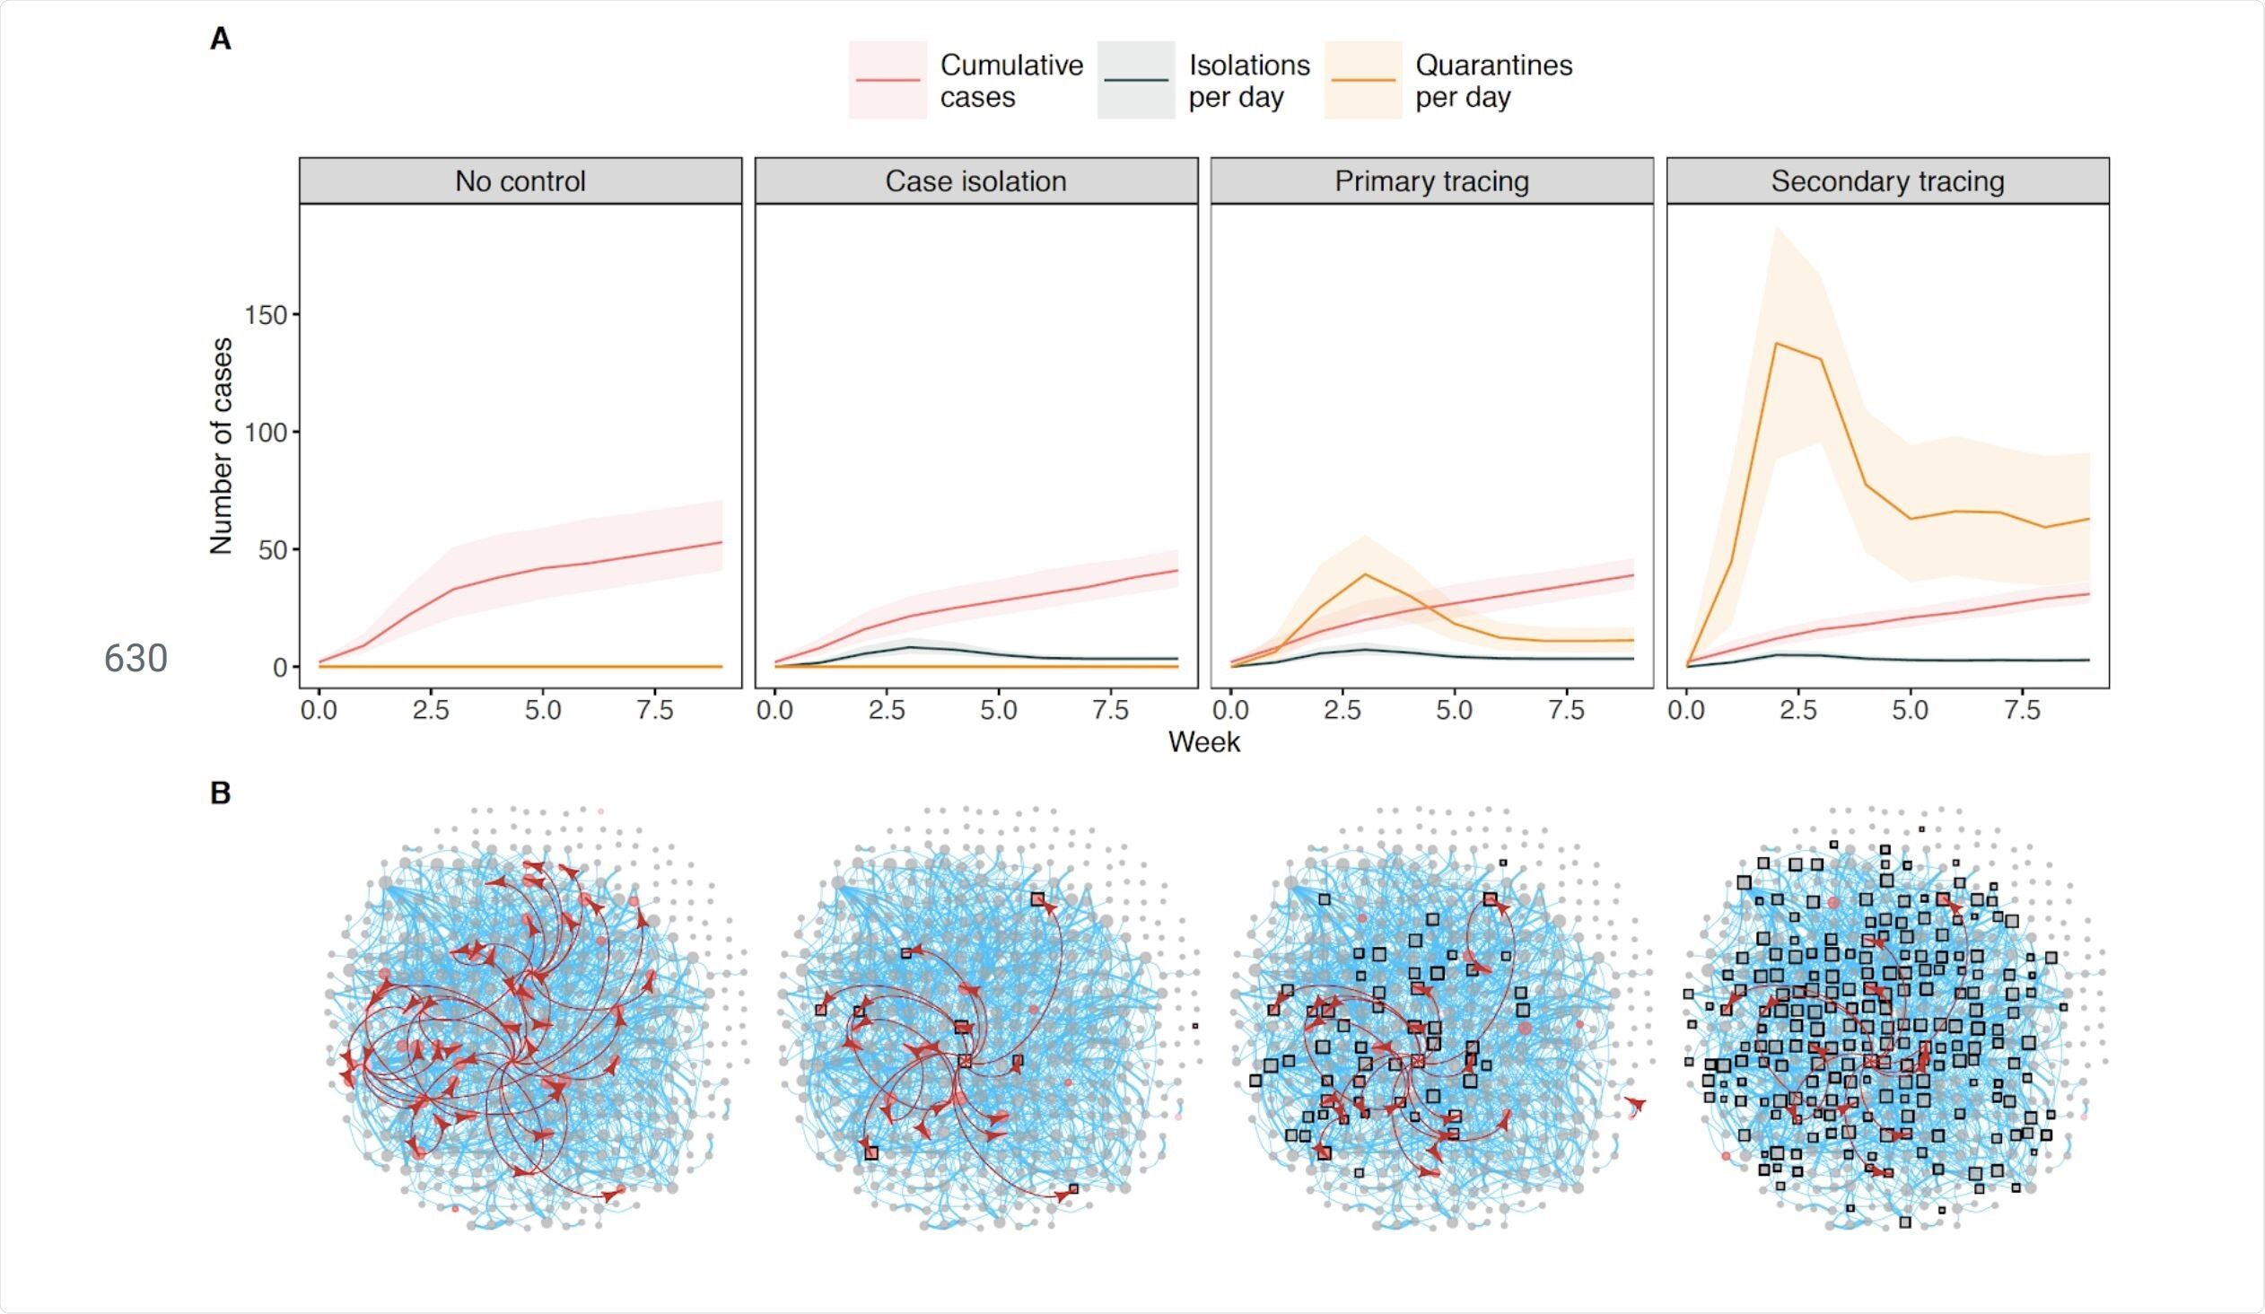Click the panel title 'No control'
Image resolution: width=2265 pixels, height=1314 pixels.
(520, 181)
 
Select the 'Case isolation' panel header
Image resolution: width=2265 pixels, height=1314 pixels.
(976, 181)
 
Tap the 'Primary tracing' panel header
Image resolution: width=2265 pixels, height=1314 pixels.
(1432, 181)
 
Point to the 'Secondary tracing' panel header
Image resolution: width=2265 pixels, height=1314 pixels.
(1887, 181)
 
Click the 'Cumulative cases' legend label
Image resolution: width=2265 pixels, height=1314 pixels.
(1012, 81)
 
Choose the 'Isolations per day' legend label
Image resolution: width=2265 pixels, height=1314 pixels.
(1249, 81)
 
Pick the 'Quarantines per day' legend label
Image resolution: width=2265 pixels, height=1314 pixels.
(1494, 81)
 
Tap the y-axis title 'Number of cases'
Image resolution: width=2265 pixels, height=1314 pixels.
(221, 446)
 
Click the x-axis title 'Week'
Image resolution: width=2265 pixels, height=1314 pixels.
(1204, 742)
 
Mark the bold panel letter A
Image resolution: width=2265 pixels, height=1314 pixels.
(220, 39)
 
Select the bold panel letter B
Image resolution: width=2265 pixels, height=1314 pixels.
(220, 793)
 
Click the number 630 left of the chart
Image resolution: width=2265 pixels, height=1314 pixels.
(136, 659)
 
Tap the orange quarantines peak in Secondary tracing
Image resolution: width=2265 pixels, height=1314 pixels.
(1776, 344)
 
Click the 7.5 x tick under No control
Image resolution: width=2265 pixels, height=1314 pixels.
(655, 711)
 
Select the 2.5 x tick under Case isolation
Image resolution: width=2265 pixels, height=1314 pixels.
(887, 711)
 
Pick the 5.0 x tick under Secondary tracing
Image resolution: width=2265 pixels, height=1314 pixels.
(1910, 711)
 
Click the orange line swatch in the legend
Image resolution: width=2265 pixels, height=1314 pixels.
(1362, 80)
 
